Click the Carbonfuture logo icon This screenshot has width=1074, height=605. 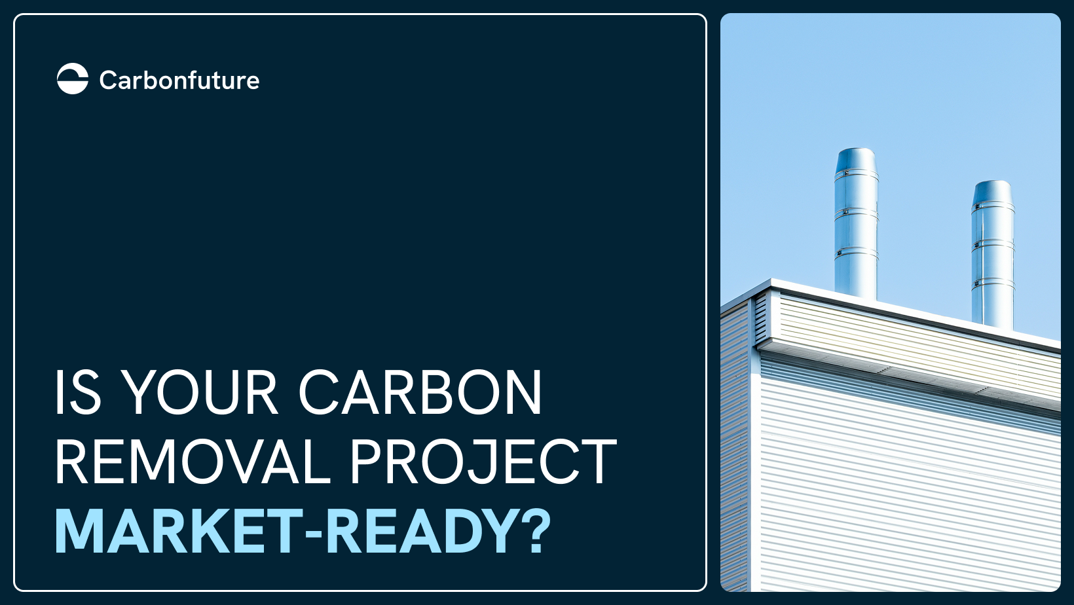pos(73,79)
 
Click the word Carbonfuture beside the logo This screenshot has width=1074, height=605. pos(179,81)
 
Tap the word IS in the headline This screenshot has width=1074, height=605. pos(78,392)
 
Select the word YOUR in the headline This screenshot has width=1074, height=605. pos(200,392)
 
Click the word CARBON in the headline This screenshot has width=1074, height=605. pos(420,392)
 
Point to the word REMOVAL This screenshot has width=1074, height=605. pos(193,462)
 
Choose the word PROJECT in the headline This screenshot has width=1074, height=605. pos(483,462)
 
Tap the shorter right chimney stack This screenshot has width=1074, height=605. pos(993,255)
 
